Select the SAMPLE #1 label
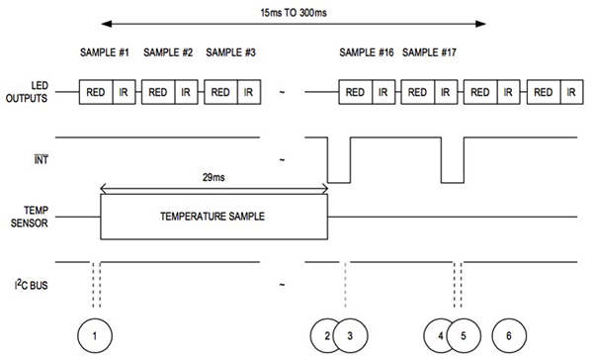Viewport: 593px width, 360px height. [x=109, y=52]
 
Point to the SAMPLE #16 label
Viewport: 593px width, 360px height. [x=367, y=52]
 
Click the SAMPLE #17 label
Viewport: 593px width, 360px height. [x=429, y=52]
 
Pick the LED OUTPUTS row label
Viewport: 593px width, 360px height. [x=28, y=92]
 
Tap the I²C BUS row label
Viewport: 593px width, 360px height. [x=28, y=284]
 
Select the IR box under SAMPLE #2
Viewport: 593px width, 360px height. [x=185, y=92]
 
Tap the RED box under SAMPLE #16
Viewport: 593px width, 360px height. [x=356, y=92]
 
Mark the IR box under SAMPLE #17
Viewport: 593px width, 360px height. [x=445, y=92]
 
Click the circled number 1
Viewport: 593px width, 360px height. [x=95, y=335]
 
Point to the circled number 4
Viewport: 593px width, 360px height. [x=441, y=335]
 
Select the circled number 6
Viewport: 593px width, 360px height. [x=508, y=335]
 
